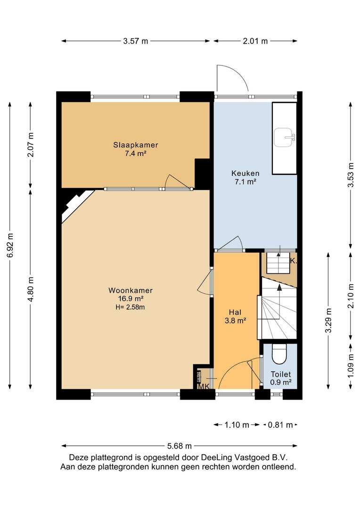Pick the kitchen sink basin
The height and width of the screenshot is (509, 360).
pyautogui.click(x=284, y=137)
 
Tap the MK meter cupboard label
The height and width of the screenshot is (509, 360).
pyautogui.click(x=204, y=386)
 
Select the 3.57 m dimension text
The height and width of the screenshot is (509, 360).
pyautogui.click(x=136, y=41)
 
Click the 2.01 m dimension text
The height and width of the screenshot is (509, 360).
pyautogui.click(x=255, y=41)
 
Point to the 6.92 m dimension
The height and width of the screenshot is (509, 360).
pyautogui.click(x=10, y=246)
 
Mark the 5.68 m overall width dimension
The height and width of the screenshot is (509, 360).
pyautogui.click(x=179, y=446)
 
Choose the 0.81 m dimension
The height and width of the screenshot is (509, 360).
pyautogui.click(x=280, y=425)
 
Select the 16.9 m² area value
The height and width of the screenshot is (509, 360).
pyautogui.click(x=131, y=299)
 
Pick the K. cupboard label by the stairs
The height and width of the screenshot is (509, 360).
pyautogui.click(x=293, y=261)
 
